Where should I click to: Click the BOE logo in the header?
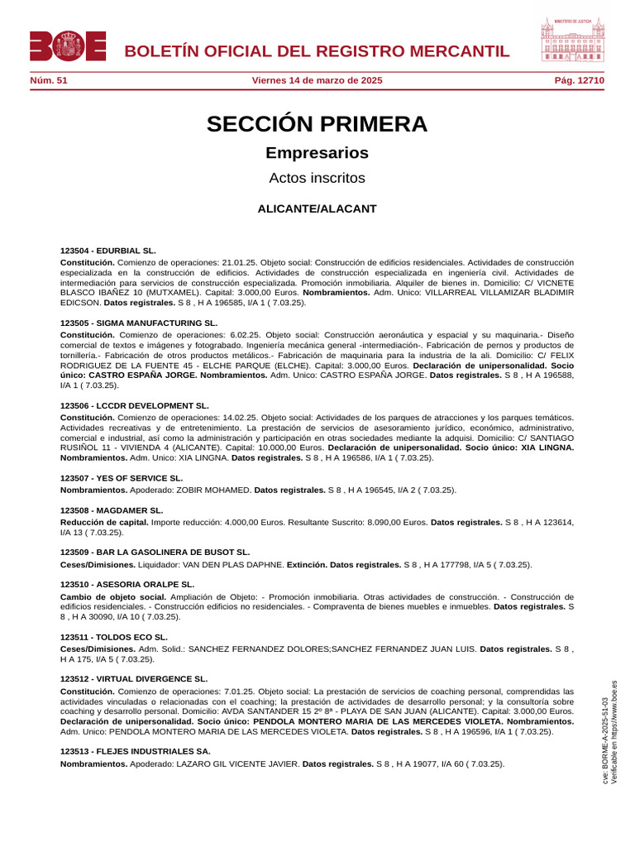[68, 46]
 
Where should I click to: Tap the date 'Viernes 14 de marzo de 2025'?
[317, 80]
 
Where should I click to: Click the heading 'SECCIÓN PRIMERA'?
[317, 124]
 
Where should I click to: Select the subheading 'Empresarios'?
[317, 153]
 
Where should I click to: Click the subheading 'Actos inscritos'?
[317, 178]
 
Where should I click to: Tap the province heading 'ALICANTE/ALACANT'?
[317, 209]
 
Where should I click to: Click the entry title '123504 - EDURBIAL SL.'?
[107, 250]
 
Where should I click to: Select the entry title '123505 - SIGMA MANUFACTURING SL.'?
[138, 323]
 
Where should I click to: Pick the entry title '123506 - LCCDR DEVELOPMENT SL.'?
[134, 406]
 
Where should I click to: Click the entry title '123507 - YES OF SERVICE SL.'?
[122, 478]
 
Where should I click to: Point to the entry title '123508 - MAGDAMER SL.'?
[112, 510]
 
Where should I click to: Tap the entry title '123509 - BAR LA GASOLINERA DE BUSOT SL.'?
[155, 552]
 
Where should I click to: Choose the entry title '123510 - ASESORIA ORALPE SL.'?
[126, 585]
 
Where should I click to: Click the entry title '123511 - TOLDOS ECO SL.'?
[113, 637]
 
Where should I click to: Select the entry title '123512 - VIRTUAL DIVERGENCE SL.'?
[134, 679]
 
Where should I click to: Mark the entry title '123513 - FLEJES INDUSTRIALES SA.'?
[135, 752]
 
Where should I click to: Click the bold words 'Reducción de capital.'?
[104, 523]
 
